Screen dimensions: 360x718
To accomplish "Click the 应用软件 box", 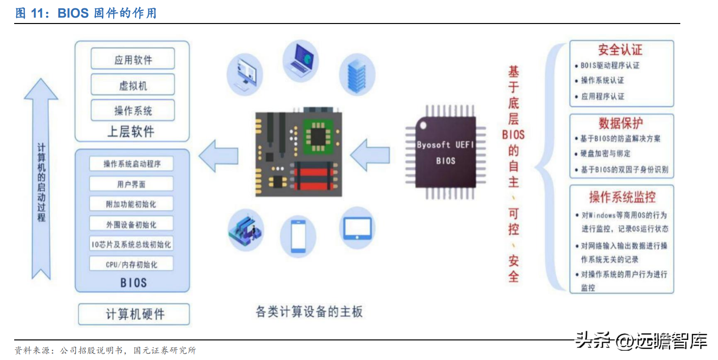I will (x=133, y=59).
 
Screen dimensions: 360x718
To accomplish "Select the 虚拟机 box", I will (x=133, y=85).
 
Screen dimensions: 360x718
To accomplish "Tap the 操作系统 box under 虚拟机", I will (x=133, y=110).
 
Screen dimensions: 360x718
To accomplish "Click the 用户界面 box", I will (x=131, y=184).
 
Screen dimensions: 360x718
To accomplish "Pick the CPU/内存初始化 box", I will (x=131, y=264).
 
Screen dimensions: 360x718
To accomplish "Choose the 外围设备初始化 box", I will (x=131, y=224).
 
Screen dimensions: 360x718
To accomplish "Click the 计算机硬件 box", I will (x=134, y=314).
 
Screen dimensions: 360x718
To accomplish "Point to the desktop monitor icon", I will (x=246, y=74).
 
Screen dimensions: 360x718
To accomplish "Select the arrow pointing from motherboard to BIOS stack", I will (x=218, y=155).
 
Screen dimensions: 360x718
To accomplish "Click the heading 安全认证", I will (x=620, y=50).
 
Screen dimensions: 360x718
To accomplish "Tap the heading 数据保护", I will (x=621, y=123).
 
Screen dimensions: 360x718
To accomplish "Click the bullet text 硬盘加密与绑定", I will (x=605, y=154).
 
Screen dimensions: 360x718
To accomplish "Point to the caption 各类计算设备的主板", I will (x=309, y=312).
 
